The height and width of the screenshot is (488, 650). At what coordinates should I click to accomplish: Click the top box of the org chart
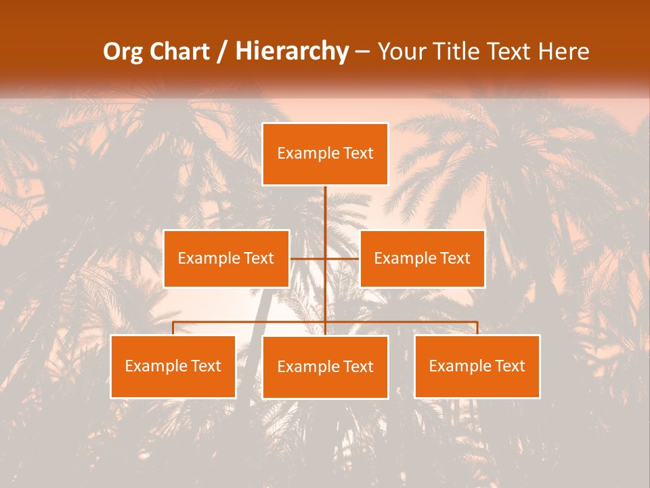tap(325, 154)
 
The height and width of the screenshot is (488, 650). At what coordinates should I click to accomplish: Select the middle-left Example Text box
tap(226, 258)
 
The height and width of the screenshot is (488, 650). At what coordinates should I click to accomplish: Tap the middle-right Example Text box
tap(422, 258)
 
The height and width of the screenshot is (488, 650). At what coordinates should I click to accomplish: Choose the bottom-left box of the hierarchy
tap(173, 367)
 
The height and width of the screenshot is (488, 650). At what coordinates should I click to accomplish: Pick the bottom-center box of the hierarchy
tap(325, 367)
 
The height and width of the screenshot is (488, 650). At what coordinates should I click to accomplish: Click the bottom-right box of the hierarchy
tap(477, 367)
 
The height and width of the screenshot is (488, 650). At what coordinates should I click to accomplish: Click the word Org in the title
tap(123, 52)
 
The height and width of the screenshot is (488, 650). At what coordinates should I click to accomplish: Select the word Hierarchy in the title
tap(292, 52)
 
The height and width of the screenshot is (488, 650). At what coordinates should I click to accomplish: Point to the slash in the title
tap(221, 52)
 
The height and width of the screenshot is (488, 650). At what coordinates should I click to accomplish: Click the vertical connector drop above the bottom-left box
tap(173, 328)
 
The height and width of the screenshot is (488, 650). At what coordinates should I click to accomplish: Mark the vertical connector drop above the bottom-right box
tap(477, 328)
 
